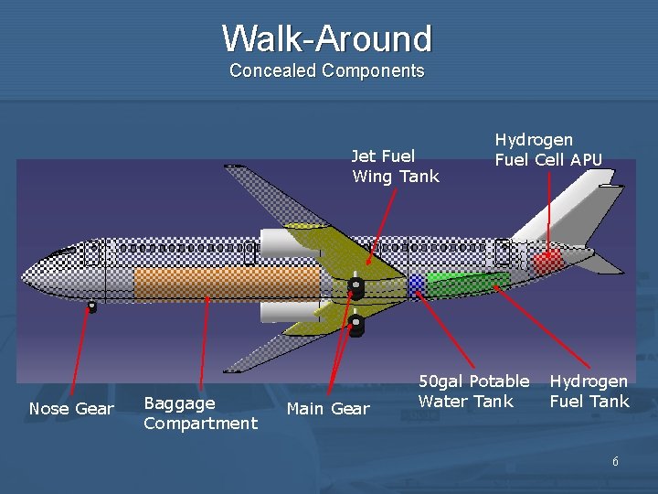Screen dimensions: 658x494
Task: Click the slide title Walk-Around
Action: click(326, 38)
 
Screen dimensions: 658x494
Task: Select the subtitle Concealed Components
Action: click(326, 70)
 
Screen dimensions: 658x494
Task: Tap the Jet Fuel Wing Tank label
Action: click(395, 166)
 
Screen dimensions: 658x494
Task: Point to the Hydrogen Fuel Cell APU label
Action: click(548, 149)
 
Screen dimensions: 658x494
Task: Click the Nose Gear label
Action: click(71, 409)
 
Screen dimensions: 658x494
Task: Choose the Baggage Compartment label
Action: click(200, 413)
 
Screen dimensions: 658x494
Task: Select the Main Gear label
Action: click(328, 409)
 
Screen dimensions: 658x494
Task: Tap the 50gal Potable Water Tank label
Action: click(473, 391)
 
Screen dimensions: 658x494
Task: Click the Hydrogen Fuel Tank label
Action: click(589, 391)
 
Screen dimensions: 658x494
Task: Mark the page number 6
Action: click(615, 462)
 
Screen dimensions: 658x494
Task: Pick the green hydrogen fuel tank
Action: click(467, 284)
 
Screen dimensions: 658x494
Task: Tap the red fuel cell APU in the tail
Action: click(547, 263)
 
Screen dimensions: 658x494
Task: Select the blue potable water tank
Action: click(417, 283)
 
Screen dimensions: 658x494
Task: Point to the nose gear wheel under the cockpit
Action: click(91, 307)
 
